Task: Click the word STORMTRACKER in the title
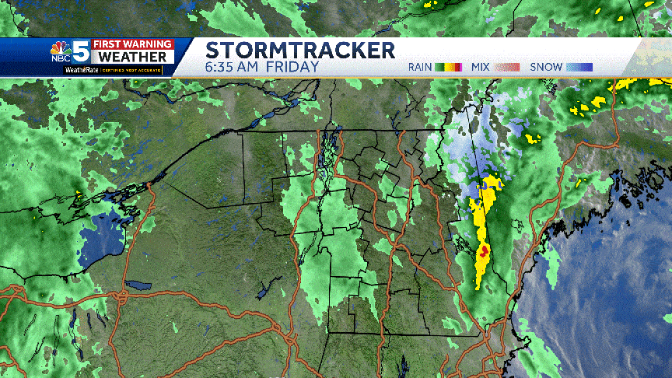pyautogui.click(x=300, y=51)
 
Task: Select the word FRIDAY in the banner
pyautogui.click(x=293, y=67)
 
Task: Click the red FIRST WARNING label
pyautogui.click(x=130, y=44)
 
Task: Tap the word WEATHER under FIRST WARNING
pyautogui.click(x=131, y=58)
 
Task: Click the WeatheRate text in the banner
pyautogui.click(x=82, y=70)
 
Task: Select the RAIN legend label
pyautogui.click(x=420, y=67)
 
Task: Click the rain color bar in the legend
pyautogui.click(x=449, y=67)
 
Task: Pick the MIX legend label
pyautogui.click(x=480, y=67)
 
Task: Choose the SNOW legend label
pyautogui.click(x=546, y=67)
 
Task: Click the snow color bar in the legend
pyautogui.click(x=579, y=67)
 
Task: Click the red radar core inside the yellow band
pyautogui.click(x=484, y=252)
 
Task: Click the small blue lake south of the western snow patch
pyautogui.click(x=138, y=285)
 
